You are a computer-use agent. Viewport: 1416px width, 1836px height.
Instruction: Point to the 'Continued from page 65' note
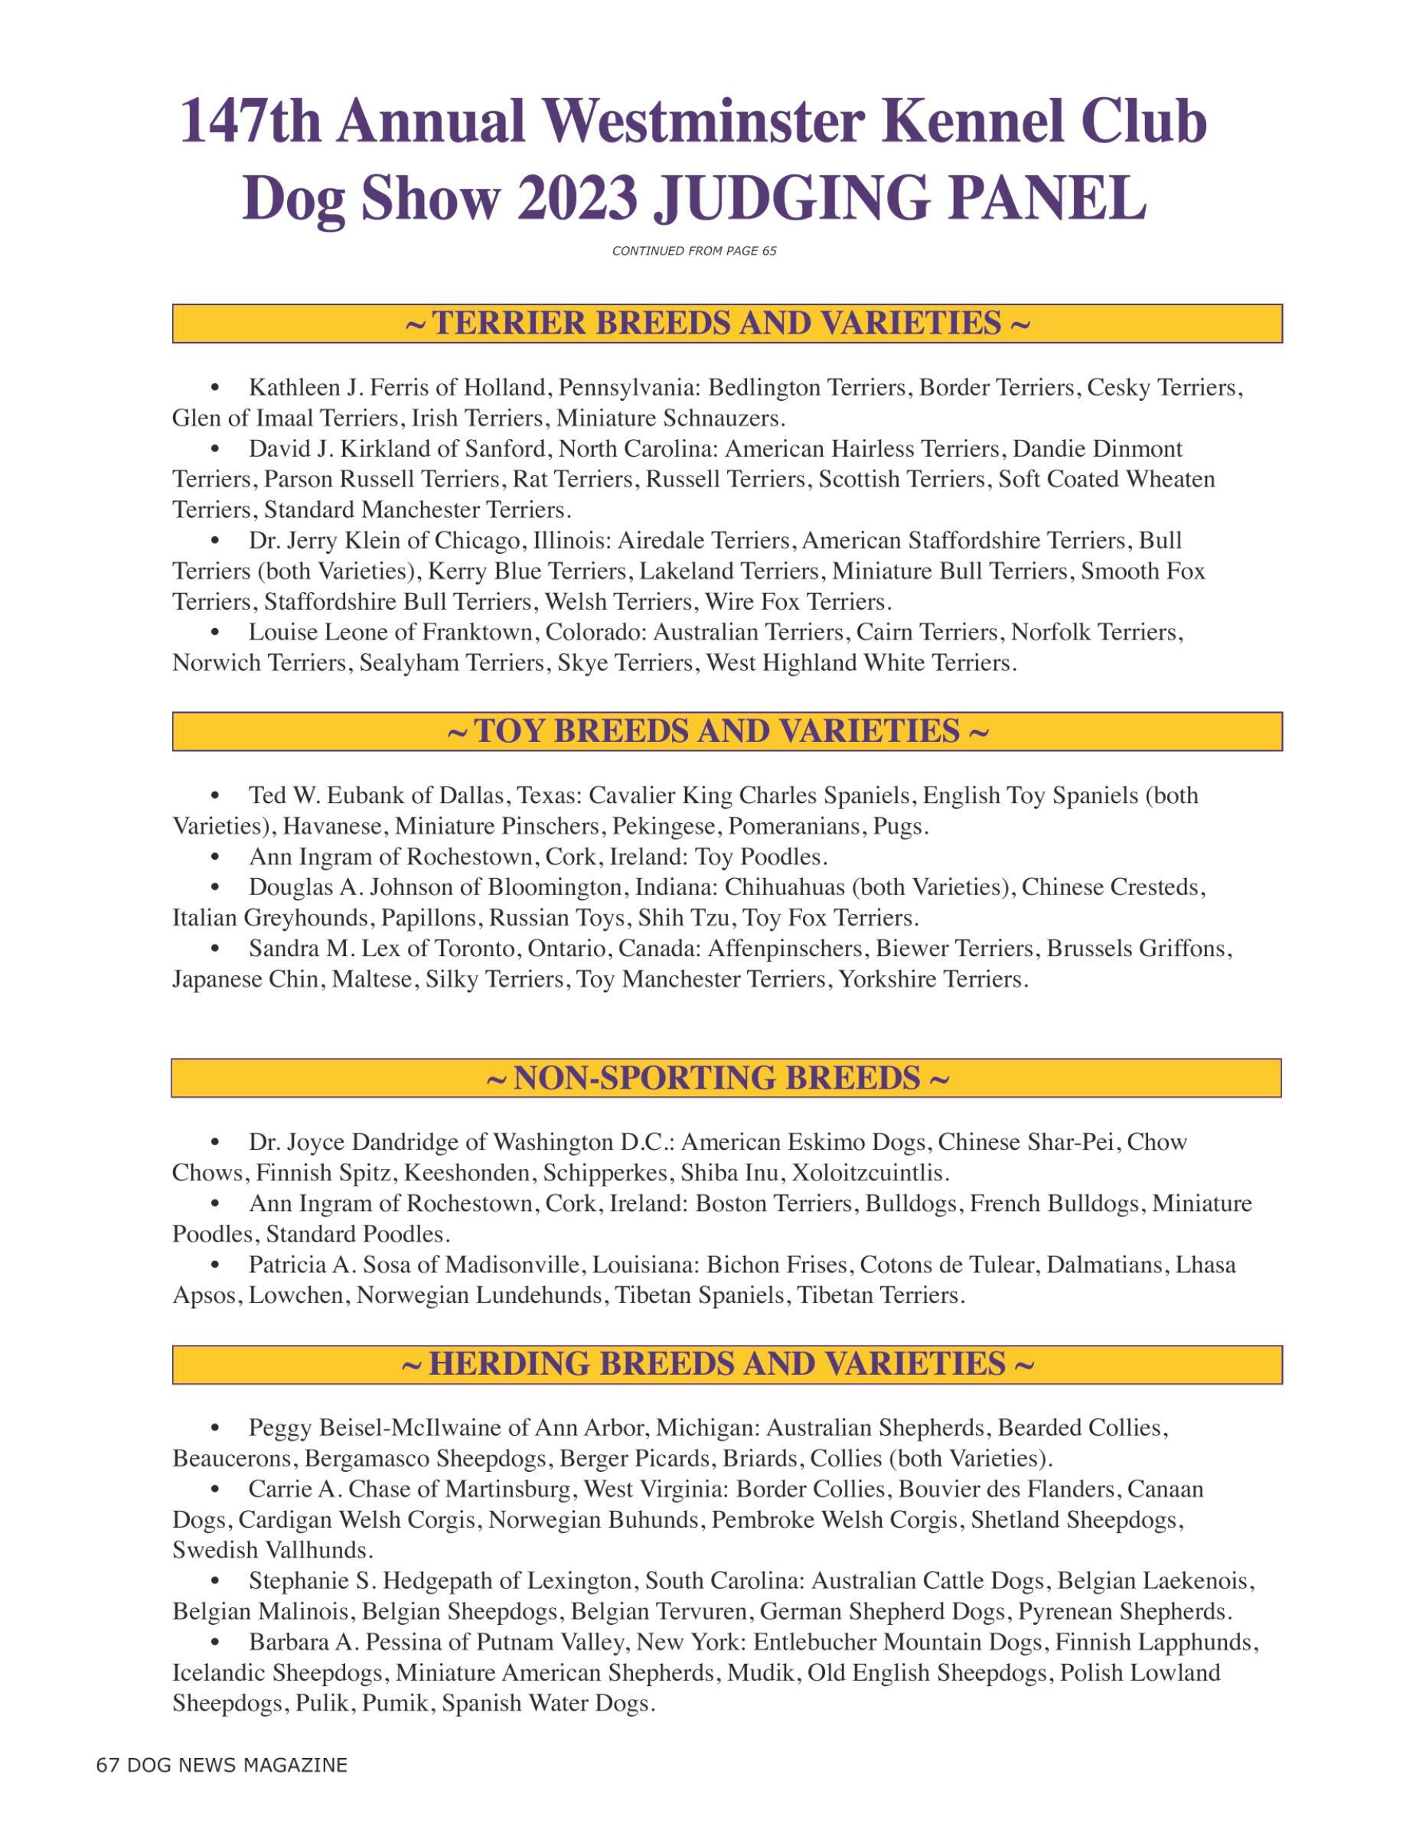[x=693, y=250]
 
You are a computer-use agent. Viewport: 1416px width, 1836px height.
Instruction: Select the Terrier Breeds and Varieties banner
[x=726, y=324]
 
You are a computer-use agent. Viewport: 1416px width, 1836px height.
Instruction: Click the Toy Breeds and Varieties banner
[x=726, y=731]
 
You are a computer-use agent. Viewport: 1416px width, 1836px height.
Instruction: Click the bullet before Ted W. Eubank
[x=216, y=796]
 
